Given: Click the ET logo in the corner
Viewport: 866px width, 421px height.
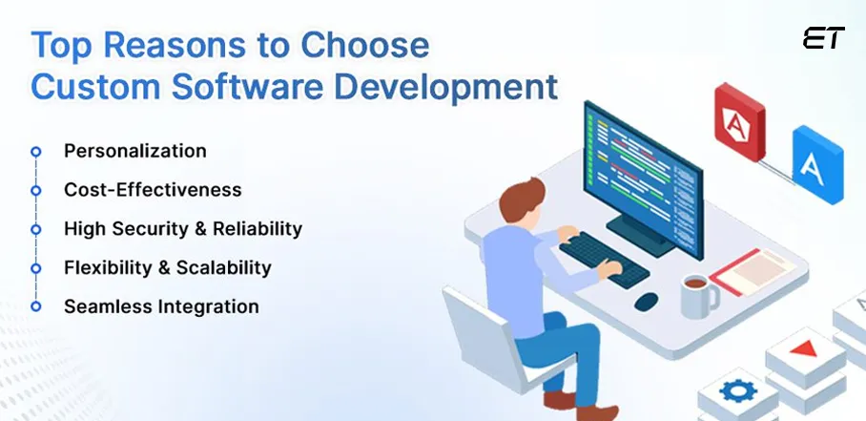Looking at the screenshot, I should pyautogui.click(x=824, y=39).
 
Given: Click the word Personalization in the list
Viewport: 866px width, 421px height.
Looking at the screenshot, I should pyautogui.click(x=134, y=151).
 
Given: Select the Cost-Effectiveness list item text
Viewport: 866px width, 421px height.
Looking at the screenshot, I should pyautogui.click(x=153, y=190).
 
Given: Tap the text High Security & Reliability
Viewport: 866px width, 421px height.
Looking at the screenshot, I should pyautogui.click(x=182, y=229).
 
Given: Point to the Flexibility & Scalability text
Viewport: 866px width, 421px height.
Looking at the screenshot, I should pyautogui.click(x=167, y=267).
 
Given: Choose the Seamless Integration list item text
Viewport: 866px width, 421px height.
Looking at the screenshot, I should pyautogui.click(x=161, y=306).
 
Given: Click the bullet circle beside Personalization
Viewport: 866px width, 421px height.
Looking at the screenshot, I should pyautogui.click(x=36, y=152).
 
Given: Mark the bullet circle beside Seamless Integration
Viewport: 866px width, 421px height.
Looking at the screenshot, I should pyautogui.click(x=36, y=306).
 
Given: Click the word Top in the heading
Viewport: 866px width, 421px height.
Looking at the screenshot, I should pyautogui.click(x=64, y=45).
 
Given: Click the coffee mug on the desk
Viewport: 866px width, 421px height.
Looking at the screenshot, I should pyautogui.click(x=698, y=295).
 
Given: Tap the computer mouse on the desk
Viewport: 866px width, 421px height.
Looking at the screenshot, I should pyautogui.click(x=646, y=301).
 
